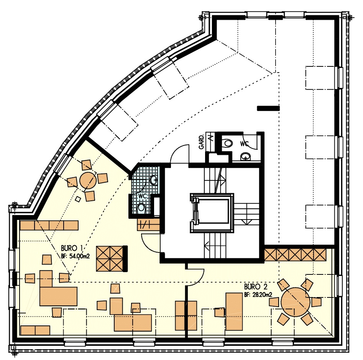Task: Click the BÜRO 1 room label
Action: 72,248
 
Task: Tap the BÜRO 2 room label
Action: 256,287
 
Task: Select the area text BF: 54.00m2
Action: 75,256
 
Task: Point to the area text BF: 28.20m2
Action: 258,295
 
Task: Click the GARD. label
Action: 202,142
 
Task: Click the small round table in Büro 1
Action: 88,181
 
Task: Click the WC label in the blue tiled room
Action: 143,196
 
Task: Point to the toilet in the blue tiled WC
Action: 141,209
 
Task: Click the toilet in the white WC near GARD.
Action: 228,143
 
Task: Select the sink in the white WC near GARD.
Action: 245,157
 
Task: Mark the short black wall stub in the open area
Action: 268,108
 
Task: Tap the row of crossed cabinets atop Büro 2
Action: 295,255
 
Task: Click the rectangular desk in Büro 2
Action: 234,312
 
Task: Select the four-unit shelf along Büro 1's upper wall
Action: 49,225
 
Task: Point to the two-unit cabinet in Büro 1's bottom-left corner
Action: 35,330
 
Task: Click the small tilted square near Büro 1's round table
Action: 78,199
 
